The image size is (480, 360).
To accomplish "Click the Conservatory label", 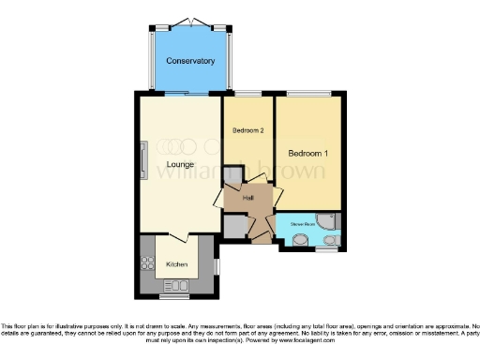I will click(190, 61).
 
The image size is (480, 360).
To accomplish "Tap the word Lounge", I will click(181, 165).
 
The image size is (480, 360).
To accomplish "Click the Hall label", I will click(248, 198).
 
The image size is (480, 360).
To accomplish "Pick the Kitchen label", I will click(177, 264).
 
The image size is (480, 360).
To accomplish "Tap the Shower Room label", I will click(302, 224).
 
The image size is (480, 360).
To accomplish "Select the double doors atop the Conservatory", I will click(191, 21).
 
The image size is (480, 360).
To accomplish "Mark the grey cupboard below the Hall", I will click(234, 228).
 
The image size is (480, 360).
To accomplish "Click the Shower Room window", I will click(325, 251).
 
